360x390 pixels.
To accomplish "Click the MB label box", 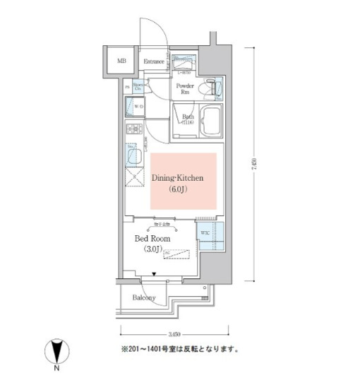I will point(122,61).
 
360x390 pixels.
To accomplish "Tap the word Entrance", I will point(154,62).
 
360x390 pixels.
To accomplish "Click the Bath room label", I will point(187,119).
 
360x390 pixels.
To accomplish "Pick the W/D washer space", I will point(136,108).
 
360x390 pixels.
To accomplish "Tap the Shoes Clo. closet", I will point(139,87).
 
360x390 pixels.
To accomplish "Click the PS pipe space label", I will point(126,87).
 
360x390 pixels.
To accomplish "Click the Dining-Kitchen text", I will point(178,179).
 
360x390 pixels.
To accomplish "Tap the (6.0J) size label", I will point(178,190).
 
